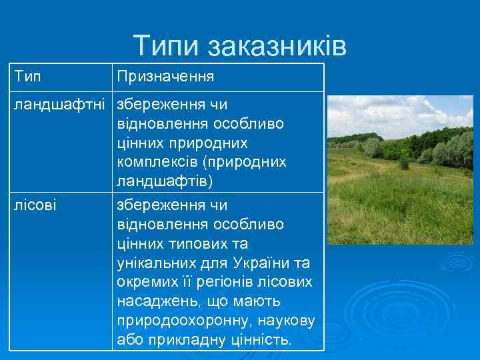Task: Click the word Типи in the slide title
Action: [x=167, y=45]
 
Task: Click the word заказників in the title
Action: [x=277, y=45]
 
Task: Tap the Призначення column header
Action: [x=165, y=77]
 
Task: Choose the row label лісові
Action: [x=36, y=205]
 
